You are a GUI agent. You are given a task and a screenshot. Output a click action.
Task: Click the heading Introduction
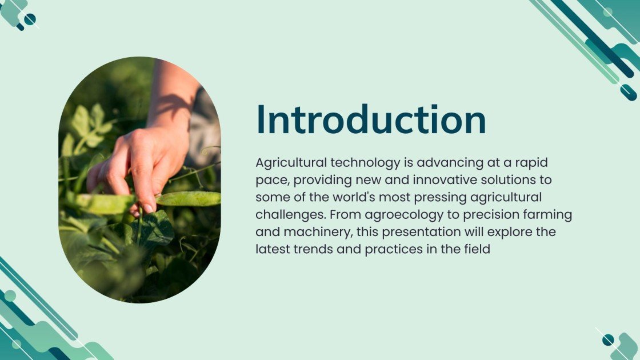coord(371,120)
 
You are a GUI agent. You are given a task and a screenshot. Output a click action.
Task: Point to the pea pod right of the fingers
coord(189,198)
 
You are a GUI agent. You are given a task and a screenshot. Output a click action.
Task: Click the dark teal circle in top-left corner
coord(30,19)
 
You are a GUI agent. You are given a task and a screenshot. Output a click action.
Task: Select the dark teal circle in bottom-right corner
coord(608,340)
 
